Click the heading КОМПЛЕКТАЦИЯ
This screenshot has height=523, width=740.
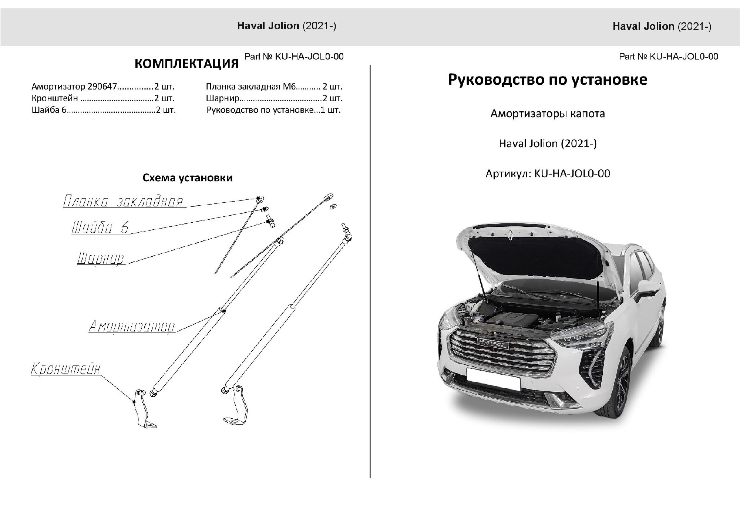point(186,64)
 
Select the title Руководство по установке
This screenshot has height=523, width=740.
point(548,80)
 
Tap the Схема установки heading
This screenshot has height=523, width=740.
point(188,178)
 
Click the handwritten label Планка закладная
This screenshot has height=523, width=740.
point(123,202)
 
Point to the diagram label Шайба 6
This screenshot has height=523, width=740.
point(100,227)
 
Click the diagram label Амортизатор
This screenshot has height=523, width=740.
point(132,327)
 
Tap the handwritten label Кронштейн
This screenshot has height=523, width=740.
point(65,369)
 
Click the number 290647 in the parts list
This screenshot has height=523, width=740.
point(102,87)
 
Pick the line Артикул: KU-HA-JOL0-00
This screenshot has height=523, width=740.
point(548,173)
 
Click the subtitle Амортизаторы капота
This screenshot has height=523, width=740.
point(548,114)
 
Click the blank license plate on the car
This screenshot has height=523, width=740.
point(493,378)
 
